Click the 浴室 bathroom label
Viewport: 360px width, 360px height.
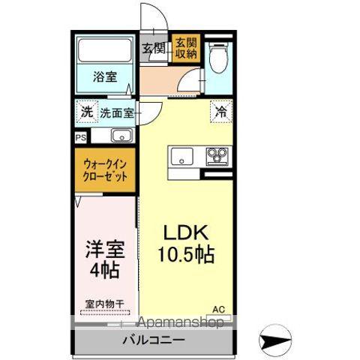pyautogui.click(x=105, y=76)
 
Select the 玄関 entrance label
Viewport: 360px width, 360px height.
pyautogui.click(x=154, y=49)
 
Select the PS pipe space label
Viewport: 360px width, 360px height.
pyautogui.click(x=80, y=137)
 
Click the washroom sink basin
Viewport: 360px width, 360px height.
pyautogui.click(x=121, y=136)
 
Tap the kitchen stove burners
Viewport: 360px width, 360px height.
pyautogui.click(x=217, y=157)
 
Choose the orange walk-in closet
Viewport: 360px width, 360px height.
pyautogui.click(x=105, y=170)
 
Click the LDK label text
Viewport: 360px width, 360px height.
pyautogui.click(x=186, y=232)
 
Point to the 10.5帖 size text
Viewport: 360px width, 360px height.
pyautogui.click(x=187, y=254)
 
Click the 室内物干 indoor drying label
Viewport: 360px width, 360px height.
pyautogui.click(x=104, y=304)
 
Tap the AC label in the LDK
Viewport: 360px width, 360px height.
pyautogui.click(x=220, y=307)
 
